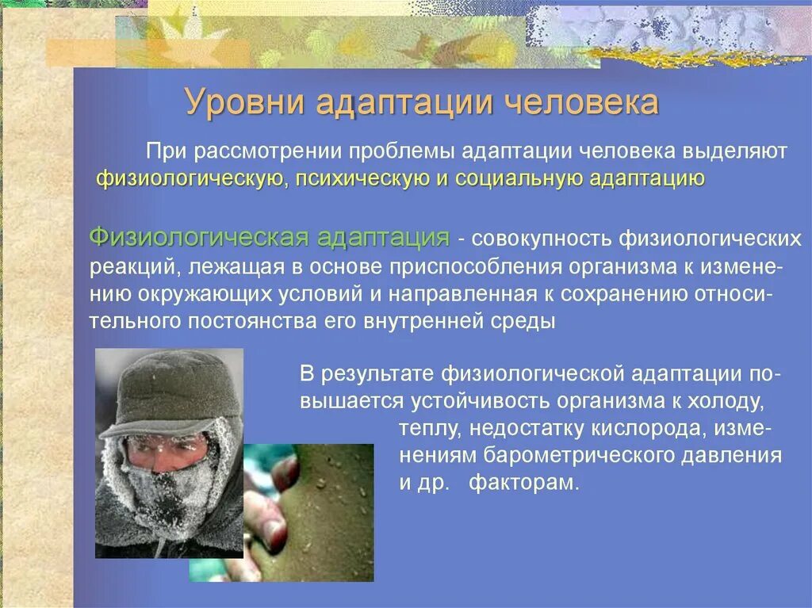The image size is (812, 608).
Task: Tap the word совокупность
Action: (541, 239)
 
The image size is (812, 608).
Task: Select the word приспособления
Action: (476, 267)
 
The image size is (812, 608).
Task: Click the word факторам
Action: (523, 484)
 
